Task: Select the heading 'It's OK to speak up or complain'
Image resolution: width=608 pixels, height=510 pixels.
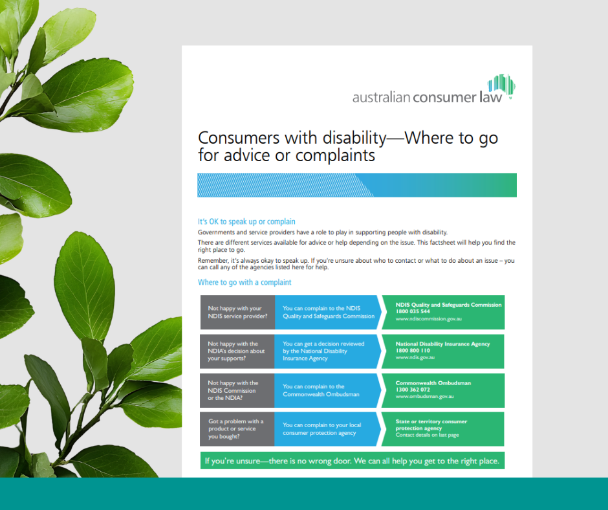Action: point(246,221)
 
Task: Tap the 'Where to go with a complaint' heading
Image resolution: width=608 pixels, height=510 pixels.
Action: point(244,282)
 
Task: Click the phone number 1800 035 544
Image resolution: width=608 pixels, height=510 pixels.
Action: point(413,311)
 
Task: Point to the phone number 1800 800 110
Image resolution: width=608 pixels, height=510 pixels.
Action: point(413,350)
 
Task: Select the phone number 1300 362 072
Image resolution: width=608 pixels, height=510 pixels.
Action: point(413,390)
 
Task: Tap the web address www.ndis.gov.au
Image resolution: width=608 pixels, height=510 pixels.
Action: point(415,357)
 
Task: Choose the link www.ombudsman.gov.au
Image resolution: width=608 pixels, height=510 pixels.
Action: point(424,397)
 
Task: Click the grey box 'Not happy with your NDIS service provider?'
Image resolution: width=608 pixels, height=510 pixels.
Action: point(237,313)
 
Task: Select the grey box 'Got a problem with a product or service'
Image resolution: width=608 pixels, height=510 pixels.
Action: point(237,428)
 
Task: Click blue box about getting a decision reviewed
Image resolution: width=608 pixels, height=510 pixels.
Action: point(327,351)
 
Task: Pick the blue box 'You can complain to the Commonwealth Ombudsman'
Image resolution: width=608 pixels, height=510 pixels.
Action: point(327,390)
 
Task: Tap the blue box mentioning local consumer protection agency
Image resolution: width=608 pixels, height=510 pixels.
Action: point(327,429)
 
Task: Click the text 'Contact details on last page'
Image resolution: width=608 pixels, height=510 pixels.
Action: point(427,436)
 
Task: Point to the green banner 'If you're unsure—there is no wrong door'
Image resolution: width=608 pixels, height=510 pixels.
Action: point(352,461)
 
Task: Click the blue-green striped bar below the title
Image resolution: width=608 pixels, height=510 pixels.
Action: point(356,185)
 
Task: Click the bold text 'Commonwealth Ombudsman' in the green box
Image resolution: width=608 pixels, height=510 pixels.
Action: point(433,382)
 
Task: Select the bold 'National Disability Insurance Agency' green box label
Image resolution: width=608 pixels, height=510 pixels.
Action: point(442,344)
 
